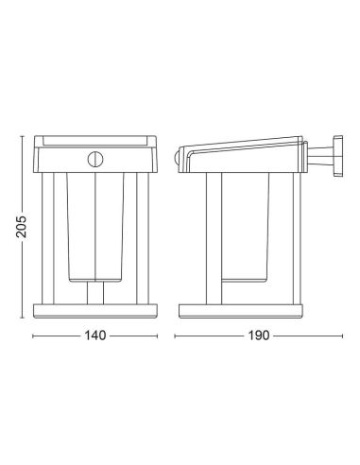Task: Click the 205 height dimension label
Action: tap(22, 227)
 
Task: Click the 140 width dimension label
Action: tap(94, 336)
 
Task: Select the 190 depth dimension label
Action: tap(259, 336)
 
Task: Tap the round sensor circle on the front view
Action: tap(95, 160)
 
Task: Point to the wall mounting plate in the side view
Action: tap(338, 155)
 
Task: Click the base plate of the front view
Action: tap(94, 311)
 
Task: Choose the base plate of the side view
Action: tap(241, 311)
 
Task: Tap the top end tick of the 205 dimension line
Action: tap(22, 136)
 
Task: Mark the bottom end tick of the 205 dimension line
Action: tap(22, 318)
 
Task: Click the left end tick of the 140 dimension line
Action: tap(33, 336)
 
